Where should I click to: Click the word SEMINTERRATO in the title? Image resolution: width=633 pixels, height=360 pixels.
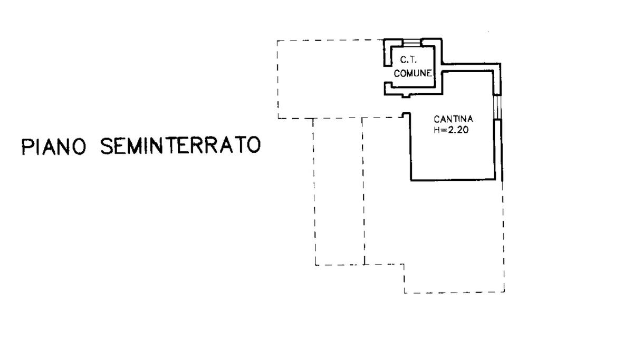180,146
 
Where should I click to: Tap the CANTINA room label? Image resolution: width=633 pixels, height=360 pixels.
453,119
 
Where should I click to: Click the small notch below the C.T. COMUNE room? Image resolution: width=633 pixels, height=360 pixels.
405,95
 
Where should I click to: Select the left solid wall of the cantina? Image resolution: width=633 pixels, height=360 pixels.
411,148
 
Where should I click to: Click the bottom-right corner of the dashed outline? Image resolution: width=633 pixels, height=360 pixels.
504,292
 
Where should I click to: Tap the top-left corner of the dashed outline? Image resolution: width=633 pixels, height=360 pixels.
278,41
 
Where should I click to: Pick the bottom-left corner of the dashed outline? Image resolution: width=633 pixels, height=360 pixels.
315,265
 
